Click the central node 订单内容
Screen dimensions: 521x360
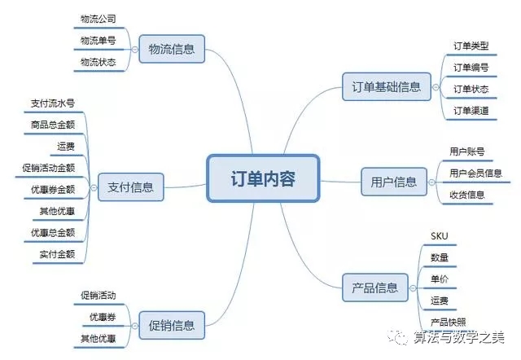[x=263, y=178]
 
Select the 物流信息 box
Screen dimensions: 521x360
[x=172, y=49]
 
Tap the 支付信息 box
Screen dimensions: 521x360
[x=130, y=187]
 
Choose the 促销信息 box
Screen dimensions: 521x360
[x=172, y=325]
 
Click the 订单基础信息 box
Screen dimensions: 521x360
[x=387, y=87]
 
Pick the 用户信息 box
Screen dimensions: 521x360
[x=394, y=182]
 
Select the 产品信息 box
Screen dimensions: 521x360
[x=374, y=288]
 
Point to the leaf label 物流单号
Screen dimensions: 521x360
[x=98, y=41]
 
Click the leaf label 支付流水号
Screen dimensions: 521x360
[x=53, y=103]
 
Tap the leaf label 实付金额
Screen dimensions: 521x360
[x=57, y=254]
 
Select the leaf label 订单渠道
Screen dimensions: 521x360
[x=471, y=110]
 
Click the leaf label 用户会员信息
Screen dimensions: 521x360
[x=475, y=173]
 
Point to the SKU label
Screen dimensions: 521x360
[x=440, y=236]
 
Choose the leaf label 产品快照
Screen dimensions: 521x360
[x=449, y=322]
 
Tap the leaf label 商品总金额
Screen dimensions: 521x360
[x=53, y=125]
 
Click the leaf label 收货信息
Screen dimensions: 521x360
[x=467, y=195]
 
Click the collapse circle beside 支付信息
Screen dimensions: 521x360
[x=94, y=187]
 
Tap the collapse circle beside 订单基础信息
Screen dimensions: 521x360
[x=436, y=87]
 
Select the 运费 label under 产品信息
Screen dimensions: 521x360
[x=440, y=301]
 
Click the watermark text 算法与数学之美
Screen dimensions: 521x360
[x=459, y=337]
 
